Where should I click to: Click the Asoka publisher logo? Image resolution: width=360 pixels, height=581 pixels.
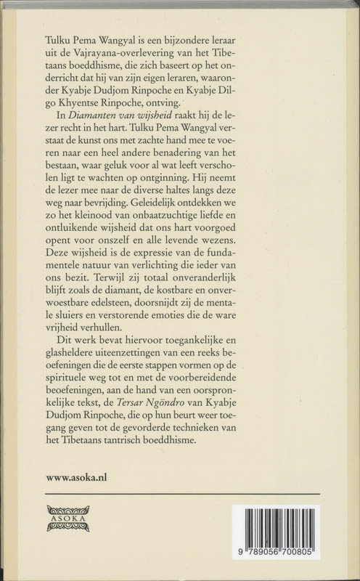click(67, 519)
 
